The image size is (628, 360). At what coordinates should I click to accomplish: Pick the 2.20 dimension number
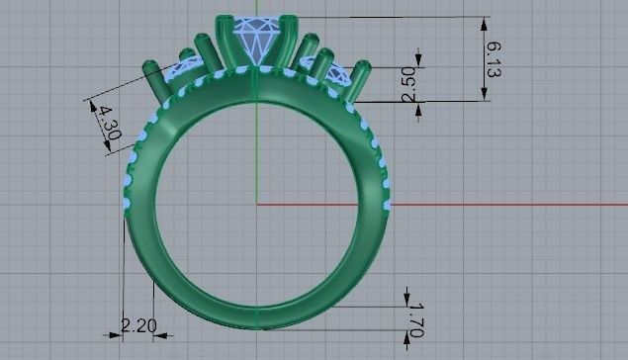pos(138,323)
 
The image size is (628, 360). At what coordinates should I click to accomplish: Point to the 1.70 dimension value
pos(414,323)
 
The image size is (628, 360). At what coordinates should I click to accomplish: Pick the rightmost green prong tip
pos(364,66)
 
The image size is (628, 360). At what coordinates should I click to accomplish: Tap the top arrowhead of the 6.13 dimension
pos(485,22)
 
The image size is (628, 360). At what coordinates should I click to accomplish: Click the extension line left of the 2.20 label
pos(123,287)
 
